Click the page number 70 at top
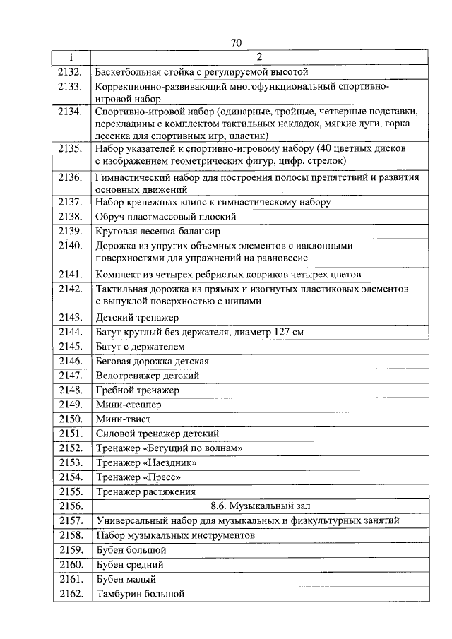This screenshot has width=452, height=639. (236, 42)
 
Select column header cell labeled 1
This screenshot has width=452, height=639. (71, 57)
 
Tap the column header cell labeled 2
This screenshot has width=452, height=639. (258, 57)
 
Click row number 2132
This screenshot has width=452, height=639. (71, 71)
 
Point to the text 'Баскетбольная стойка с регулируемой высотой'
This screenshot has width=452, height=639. (202, 71)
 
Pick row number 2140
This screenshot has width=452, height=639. (71, 246)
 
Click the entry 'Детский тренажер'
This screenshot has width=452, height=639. (137, 318)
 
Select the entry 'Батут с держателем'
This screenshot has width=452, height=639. (140, 347)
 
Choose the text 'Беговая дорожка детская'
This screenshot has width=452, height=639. (152, 361)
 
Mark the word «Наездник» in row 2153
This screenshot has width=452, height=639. (169, 462)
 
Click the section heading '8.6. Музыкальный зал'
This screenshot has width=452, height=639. (258, 506)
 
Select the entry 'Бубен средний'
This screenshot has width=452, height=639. (130, 564)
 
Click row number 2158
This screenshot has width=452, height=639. (71, 535)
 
